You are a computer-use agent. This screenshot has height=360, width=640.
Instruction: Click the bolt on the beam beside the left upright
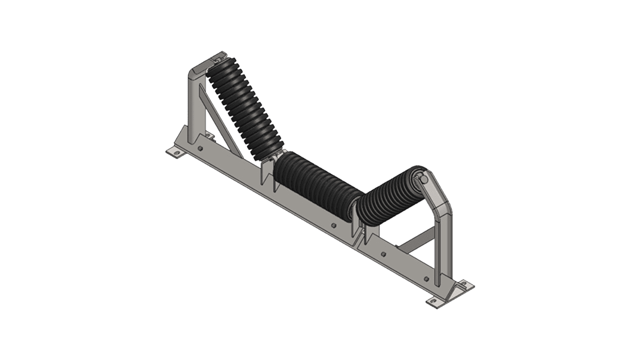coord(200,148)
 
